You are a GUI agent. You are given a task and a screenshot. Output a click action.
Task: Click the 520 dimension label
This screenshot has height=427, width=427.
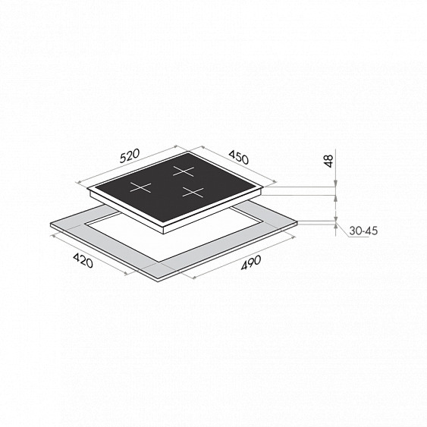(x=130, y=155)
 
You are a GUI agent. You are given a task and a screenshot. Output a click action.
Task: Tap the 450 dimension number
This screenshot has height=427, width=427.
(x=239, y=158)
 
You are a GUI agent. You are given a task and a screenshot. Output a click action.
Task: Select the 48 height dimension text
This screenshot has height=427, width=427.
(x=329, y=161)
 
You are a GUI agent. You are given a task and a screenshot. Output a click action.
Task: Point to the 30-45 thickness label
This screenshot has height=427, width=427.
(x=363, y=231)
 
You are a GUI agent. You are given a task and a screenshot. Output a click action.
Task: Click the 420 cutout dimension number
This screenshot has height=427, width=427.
(x=83, y=261)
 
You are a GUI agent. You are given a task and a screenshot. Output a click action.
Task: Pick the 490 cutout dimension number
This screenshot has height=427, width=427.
(x=251, y=263)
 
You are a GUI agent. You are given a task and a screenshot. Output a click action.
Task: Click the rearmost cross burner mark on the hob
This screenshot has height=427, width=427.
(x=184, y=171)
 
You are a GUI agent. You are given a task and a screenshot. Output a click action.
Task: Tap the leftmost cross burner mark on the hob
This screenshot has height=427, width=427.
(x=140, y=187)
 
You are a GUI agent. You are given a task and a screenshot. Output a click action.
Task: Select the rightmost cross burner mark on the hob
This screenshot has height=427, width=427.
(x=193, y=192)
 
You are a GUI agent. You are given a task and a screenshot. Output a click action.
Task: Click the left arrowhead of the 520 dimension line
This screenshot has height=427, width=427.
(x=79, y=183)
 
